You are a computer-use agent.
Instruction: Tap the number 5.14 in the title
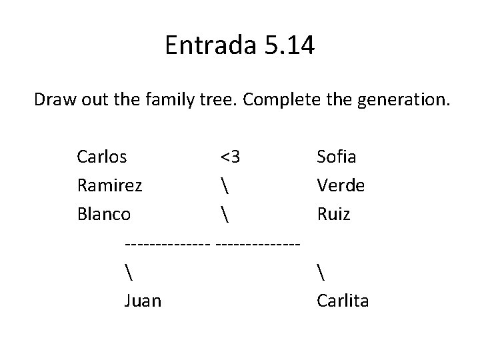tap(287, 46)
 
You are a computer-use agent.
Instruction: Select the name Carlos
tap(103, 157)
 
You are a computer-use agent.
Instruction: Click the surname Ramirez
tap(109, 186)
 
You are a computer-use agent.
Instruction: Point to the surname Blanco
tap(104, 215)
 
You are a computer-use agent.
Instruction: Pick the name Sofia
tap(337, 157)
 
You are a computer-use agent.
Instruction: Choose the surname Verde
tap(341, 186)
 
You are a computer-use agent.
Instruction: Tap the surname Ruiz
tap(333, 215)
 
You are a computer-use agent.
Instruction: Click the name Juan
tap(142, 301)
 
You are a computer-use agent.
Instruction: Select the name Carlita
tap(343, 301)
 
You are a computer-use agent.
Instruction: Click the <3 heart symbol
tap(231, 158)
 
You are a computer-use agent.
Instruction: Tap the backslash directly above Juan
tap(127, 272)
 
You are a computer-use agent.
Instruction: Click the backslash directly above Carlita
tap(320, 272)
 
